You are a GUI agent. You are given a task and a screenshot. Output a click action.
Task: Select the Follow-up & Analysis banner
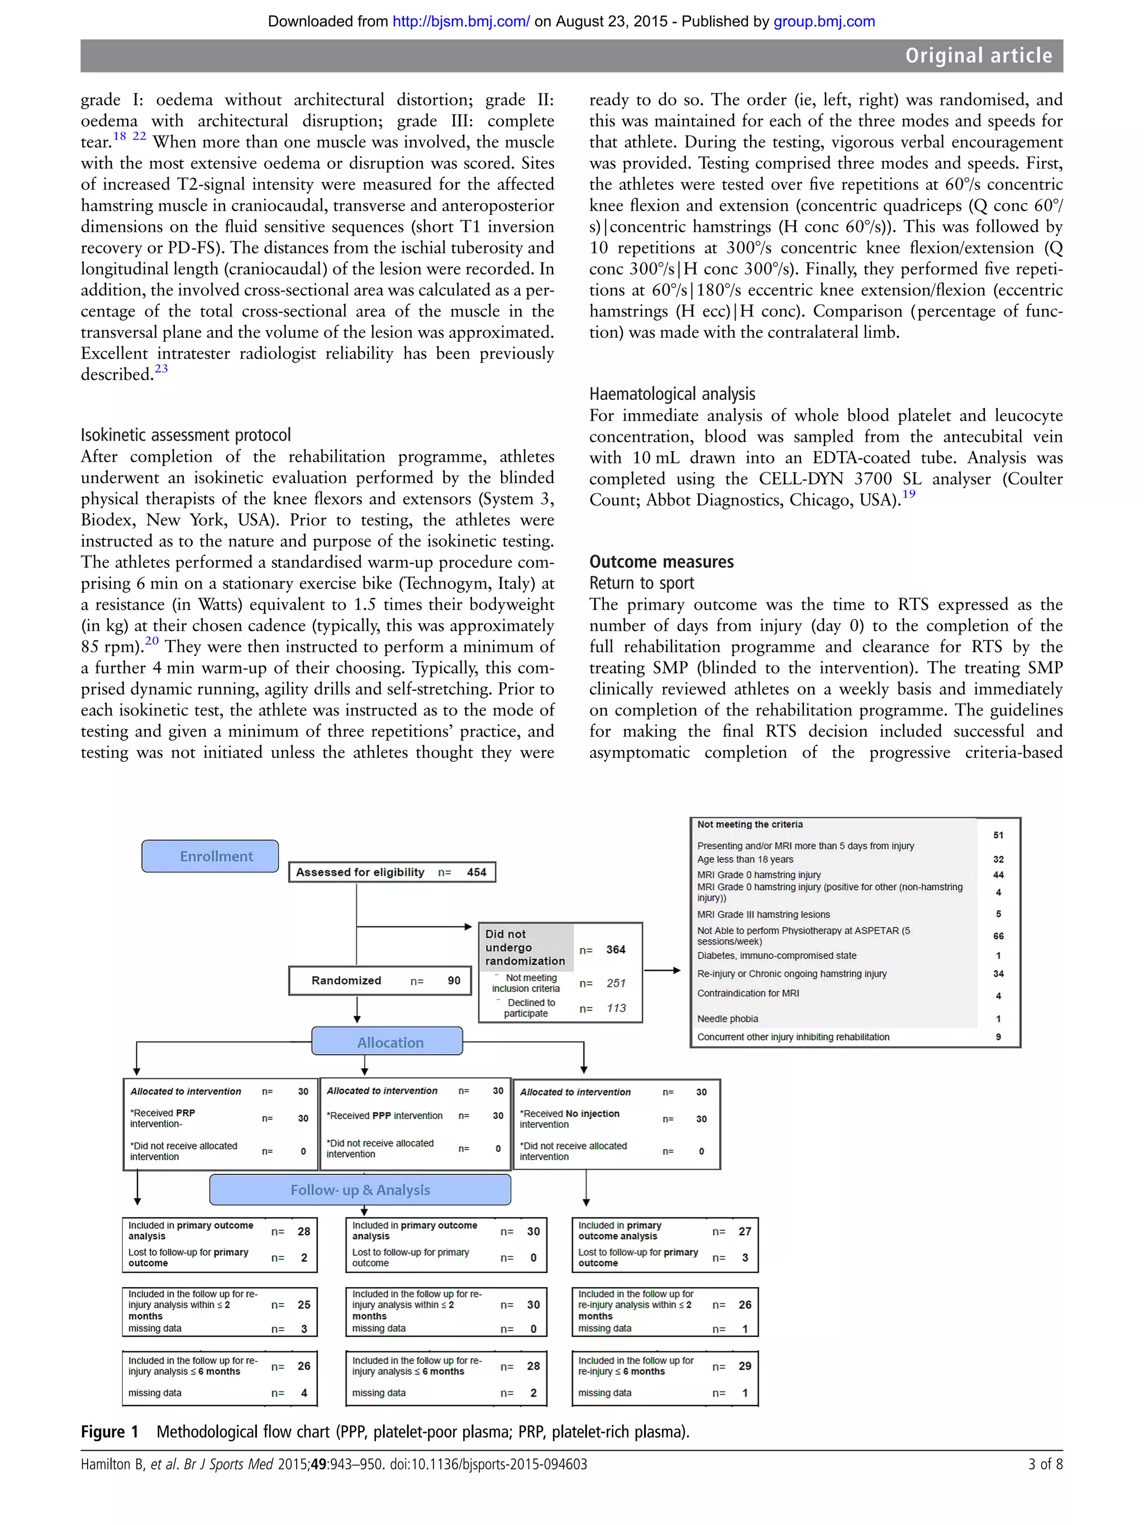360,1189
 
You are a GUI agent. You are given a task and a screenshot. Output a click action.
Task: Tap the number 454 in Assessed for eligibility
476,872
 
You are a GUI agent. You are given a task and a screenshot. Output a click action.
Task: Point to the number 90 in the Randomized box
454,981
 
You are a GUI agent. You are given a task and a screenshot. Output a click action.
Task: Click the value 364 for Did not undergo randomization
615,949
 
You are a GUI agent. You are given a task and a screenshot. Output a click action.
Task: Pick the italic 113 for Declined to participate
615,1008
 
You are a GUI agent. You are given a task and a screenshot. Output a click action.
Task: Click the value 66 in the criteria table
998,935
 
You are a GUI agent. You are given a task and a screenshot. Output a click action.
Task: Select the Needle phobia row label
727,1019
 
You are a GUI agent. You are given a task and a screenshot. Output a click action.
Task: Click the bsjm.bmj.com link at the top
461,21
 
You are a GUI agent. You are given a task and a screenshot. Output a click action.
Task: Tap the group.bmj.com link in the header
823,21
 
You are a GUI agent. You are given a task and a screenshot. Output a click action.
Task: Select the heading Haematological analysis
671,394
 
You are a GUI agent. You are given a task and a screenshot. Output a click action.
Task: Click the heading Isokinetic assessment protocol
185,435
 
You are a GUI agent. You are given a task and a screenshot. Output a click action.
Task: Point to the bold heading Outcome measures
661,562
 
